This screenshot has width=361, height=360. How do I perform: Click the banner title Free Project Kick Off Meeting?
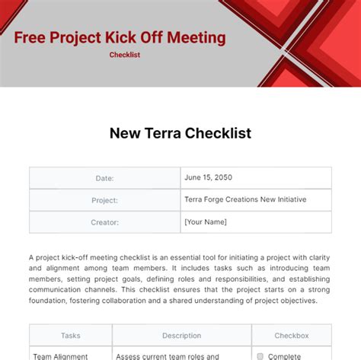120,37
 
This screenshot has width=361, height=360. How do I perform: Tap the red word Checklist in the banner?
125,55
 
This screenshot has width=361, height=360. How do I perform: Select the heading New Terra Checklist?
180,133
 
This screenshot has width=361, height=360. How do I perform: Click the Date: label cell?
104,178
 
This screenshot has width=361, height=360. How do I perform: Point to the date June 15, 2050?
208,177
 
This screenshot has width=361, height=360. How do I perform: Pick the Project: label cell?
104,200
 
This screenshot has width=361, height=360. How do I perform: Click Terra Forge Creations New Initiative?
245,199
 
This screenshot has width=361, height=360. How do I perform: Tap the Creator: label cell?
104,222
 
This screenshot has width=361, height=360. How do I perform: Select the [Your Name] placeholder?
206,221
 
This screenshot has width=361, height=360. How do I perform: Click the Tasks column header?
71,335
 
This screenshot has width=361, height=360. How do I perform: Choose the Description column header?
181,335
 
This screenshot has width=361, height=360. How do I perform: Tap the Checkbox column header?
292,335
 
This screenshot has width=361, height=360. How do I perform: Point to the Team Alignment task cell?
62,355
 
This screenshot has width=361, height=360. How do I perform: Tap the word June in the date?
193,177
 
